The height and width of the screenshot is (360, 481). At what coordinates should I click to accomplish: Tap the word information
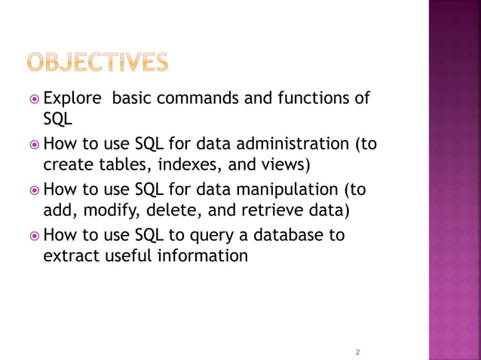pos(203,256)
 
